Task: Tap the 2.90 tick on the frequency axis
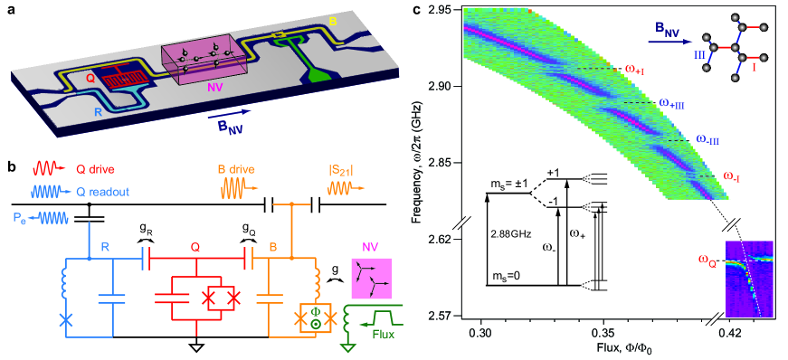[460, 87]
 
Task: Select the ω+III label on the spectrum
[671, 104]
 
